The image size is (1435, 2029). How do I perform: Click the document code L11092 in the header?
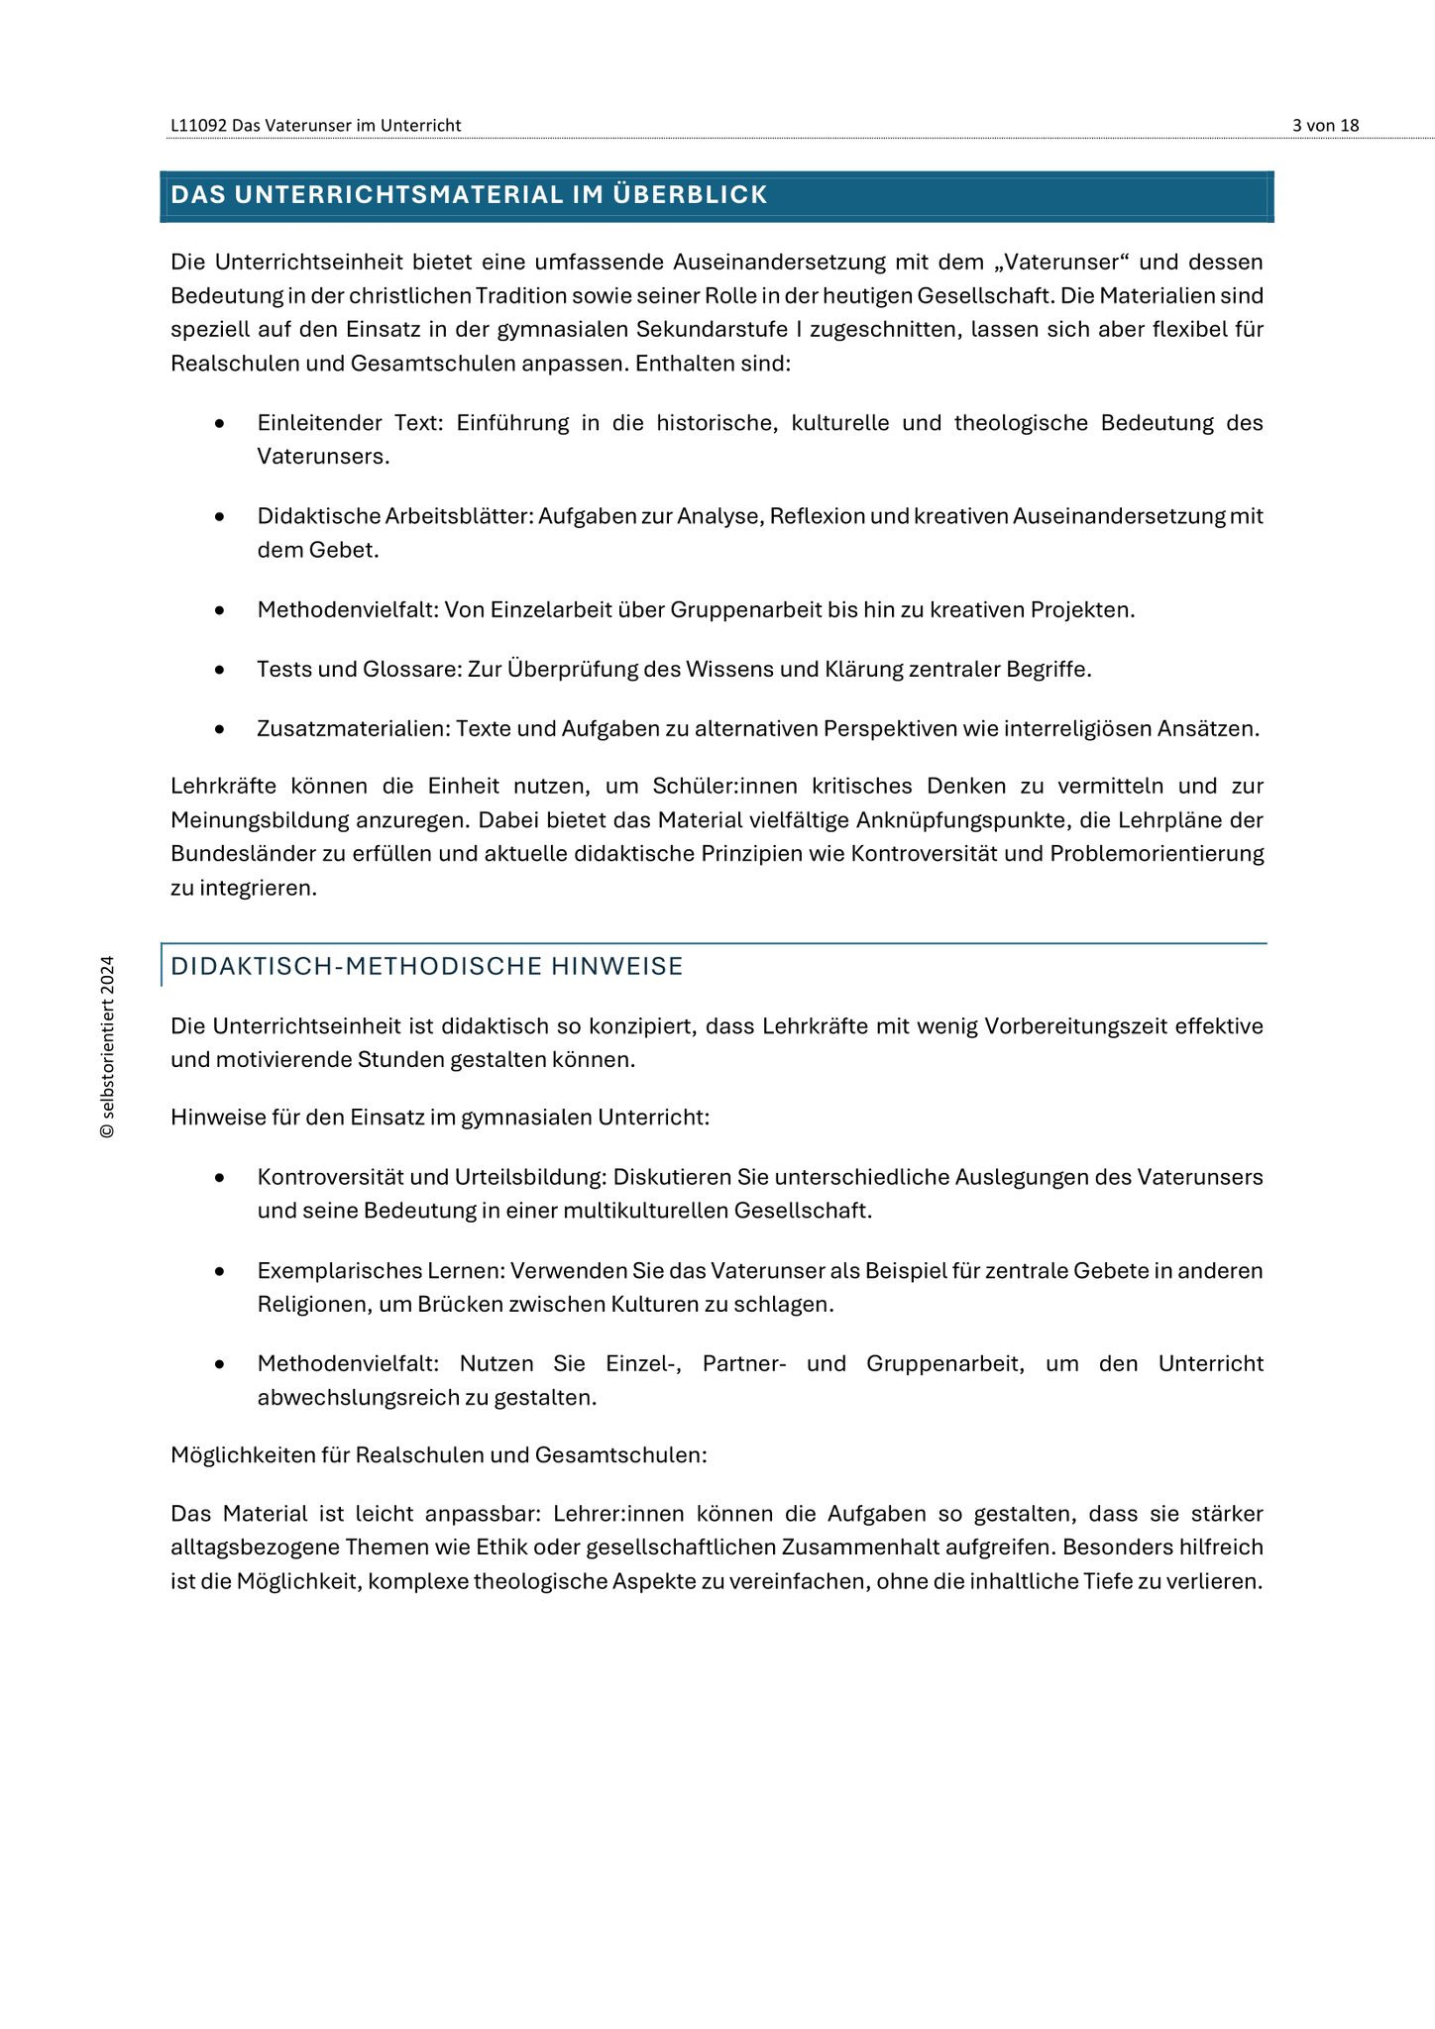pyautogui.click(x=198, y=126)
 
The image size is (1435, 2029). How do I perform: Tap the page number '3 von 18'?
pyautogui.click(x=1325, y=126)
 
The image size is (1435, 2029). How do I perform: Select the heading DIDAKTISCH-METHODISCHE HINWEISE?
pyautogui.click(x=427, y=967)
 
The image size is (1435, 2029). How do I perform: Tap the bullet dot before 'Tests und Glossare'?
pyautogui.click(x=220, y=671)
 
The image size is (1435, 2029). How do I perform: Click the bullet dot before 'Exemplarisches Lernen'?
pyautogui.click(x=220, y=1272)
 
